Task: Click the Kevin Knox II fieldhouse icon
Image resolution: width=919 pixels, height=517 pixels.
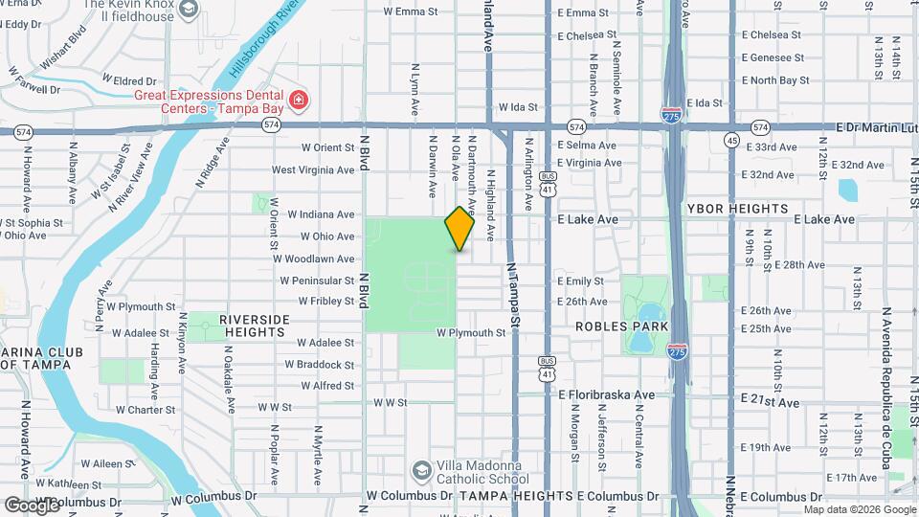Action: (x=189, y=10)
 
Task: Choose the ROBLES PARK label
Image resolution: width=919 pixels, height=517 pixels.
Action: (x=614, y=326)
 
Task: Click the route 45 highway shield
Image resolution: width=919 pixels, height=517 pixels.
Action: (x=731, y=141)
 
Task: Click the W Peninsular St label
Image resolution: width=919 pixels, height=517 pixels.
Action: (x=317, y=281)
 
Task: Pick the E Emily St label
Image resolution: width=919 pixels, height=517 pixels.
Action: (x=580, y=281)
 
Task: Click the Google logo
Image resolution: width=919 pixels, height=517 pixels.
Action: (x=32, y=504)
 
